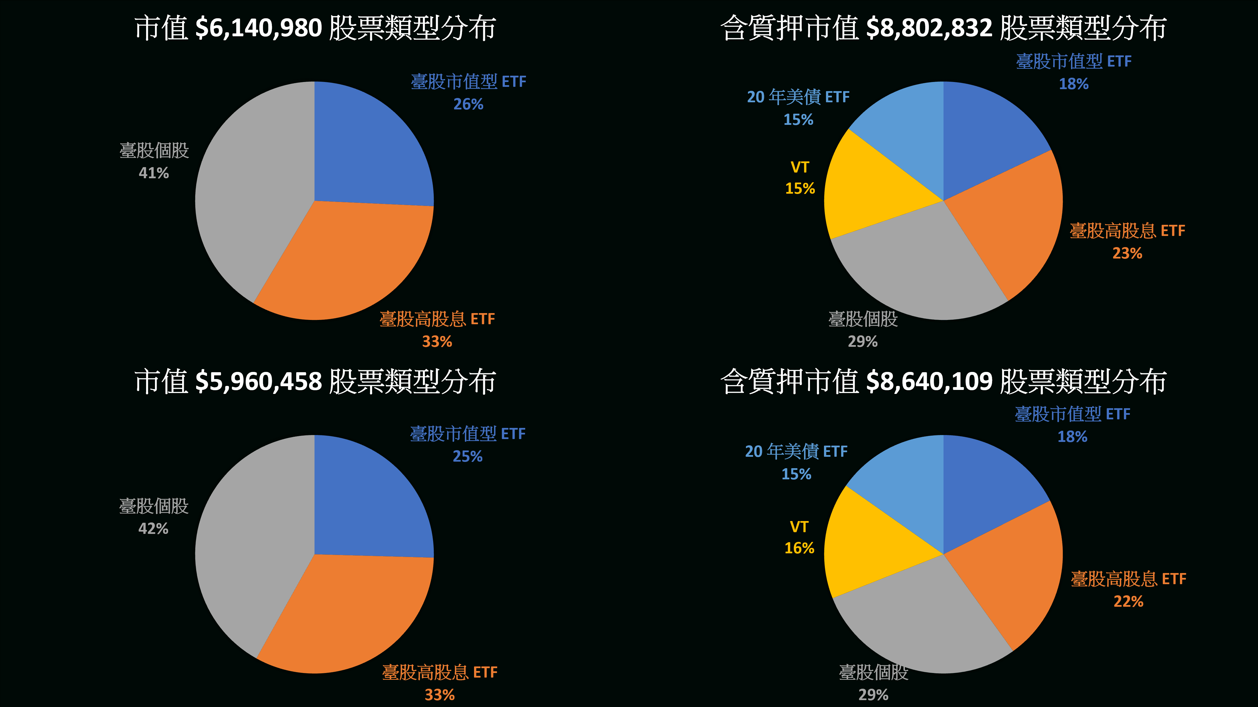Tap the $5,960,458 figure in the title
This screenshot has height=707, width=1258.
coord(258,382)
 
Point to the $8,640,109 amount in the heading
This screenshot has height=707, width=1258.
coord(929,382)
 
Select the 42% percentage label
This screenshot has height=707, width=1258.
coord(153,528)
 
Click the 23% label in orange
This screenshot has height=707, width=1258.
coord(1127,253)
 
